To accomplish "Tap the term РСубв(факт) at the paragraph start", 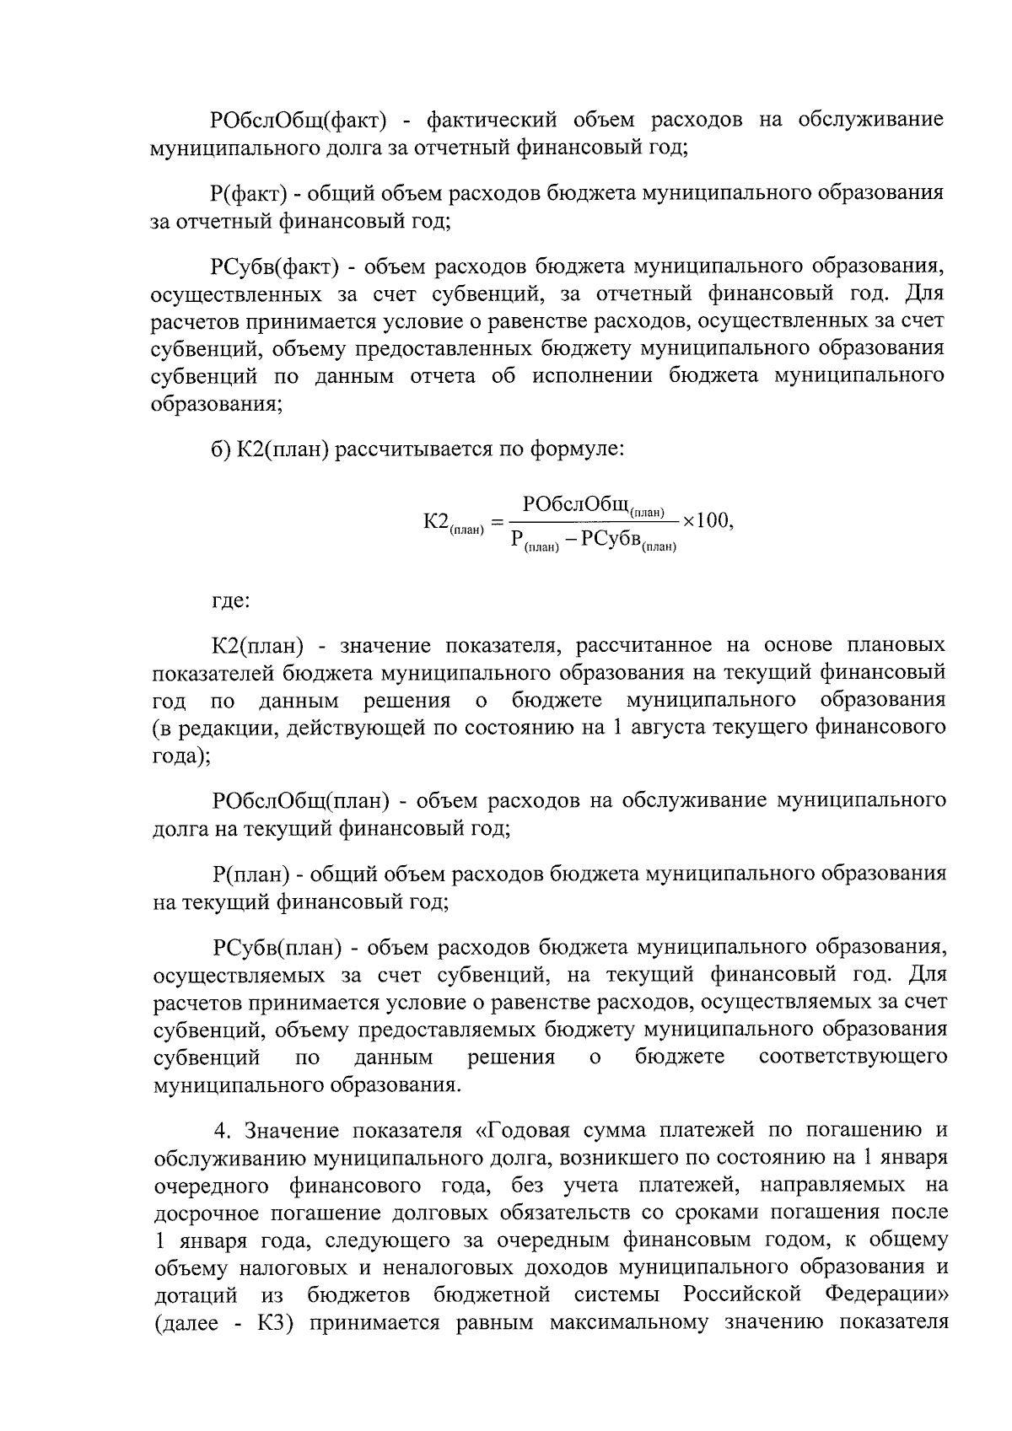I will pos(275,267).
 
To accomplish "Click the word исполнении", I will pos(592,376).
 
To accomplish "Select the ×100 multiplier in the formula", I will pos(707,521).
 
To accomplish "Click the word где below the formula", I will pos(229,602).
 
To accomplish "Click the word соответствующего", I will pos(853,1057).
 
